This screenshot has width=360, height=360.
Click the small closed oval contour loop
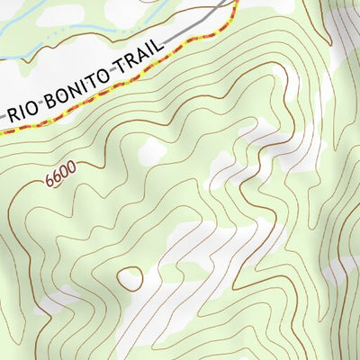[130, 278]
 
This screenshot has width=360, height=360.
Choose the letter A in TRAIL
[149, 53]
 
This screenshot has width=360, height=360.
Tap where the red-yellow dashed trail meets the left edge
[1, 131]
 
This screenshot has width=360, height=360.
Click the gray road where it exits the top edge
[226, 1]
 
